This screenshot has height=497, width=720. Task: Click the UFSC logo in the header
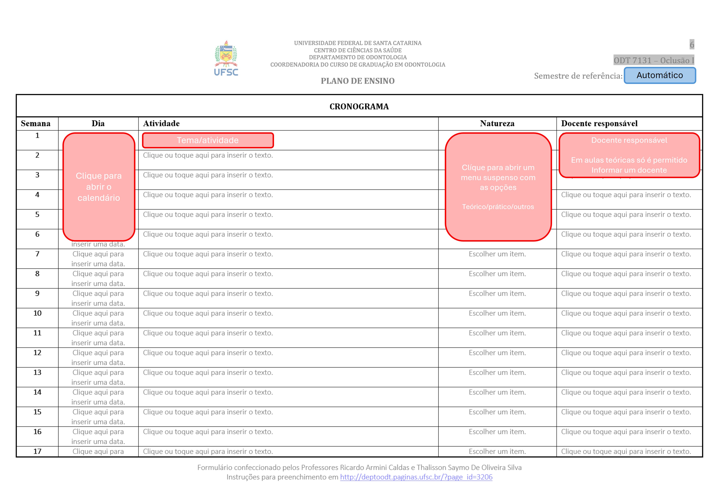226,59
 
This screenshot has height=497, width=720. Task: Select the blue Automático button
660,75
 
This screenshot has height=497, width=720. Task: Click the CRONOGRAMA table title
359,106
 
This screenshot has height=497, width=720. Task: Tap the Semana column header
36,124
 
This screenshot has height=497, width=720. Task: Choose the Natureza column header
497,124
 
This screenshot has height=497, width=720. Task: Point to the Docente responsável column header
599,124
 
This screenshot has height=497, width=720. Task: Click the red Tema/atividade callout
208,140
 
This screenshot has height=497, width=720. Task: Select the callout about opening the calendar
99,187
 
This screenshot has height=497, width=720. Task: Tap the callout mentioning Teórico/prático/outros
498,187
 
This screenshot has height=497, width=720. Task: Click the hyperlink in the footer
416,477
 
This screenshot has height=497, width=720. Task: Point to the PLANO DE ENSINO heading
358,81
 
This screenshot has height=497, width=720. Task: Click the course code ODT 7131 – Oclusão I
654,60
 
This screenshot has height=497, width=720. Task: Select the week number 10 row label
37,313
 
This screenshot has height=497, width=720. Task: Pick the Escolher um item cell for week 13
497,372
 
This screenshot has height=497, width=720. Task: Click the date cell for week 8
98,278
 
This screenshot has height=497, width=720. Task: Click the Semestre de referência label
578,76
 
